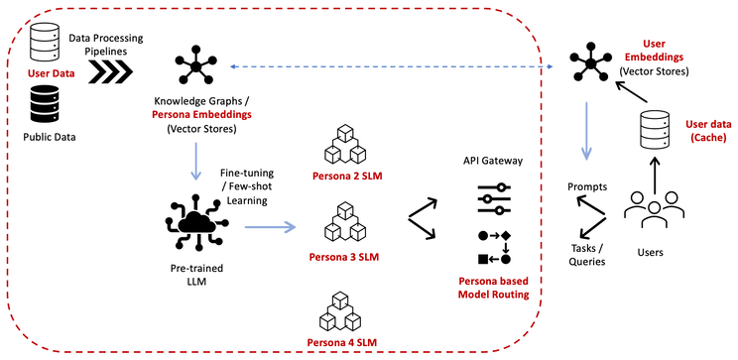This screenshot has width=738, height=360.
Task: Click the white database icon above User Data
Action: point(46,41)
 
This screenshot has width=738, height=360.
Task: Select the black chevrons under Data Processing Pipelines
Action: point(111,73)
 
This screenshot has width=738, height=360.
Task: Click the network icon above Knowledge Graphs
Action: point(196,64)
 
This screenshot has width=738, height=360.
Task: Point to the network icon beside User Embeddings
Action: point(590,63)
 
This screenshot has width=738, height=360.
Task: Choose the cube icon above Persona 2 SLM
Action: point(345,144)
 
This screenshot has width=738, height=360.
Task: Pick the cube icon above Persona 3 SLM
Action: point(345,222)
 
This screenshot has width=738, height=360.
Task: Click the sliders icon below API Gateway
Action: point(494,198)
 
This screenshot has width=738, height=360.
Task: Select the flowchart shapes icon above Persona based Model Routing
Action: point(494,248)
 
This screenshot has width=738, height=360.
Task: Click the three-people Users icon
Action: point(654,209)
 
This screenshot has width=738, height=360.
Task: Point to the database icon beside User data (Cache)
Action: point(655,130)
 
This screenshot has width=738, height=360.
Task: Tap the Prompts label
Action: point(587,186)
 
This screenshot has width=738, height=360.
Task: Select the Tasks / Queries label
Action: point(586,255)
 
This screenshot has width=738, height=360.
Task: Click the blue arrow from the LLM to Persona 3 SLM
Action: point(270,227)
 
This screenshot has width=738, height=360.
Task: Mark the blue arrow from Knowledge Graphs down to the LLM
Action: point(195,161)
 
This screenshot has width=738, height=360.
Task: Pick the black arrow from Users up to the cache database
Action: point(655,176)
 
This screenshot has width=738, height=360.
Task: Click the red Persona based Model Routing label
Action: point(494,288)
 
